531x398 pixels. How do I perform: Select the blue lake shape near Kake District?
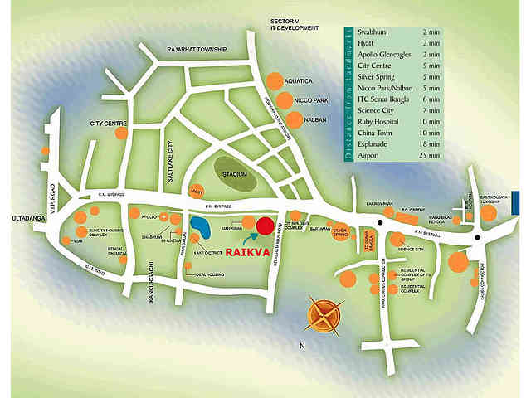(200, 226)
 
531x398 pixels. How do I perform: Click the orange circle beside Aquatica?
(274, 81)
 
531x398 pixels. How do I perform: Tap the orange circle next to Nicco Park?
(285, 100)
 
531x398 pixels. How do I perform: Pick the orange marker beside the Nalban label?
(294, 119)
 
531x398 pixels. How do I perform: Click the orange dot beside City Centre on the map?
(121, 133)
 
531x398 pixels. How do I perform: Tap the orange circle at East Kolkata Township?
(489, 212)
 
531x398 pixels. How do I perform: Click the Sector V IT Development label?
(288, 23)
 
